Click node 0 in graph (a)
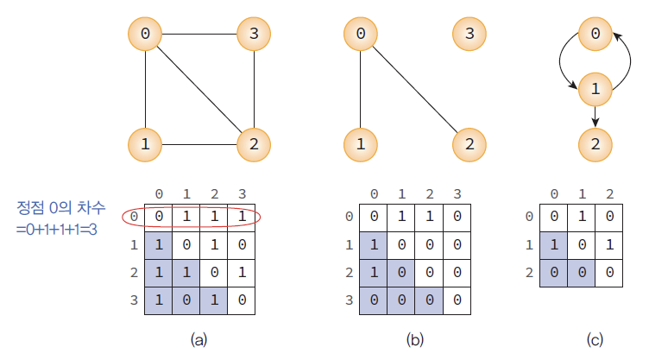145,35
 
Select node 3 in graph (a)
254,35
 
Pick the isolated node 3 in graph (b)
469,35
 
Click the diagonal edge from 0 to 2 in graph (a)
199,89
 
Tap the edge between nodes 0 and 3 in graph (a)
199,35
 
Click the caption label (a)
198,340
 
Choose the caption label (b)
415,340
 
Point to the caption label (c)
595,340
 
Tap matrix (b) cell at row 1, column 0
373,244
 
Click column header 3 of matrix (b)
457,193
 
